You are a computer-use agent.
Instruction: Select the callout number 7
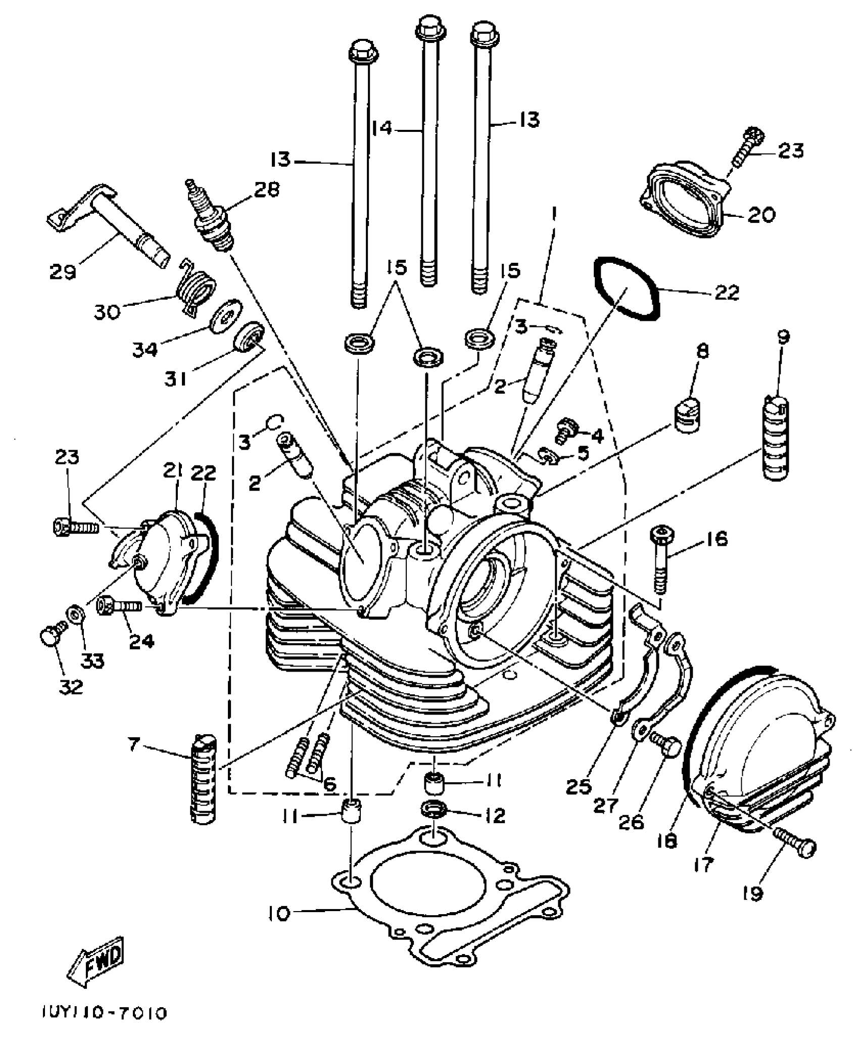pos(132,744)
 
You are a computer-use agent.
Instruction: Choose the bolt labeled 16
pos(660,558)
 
